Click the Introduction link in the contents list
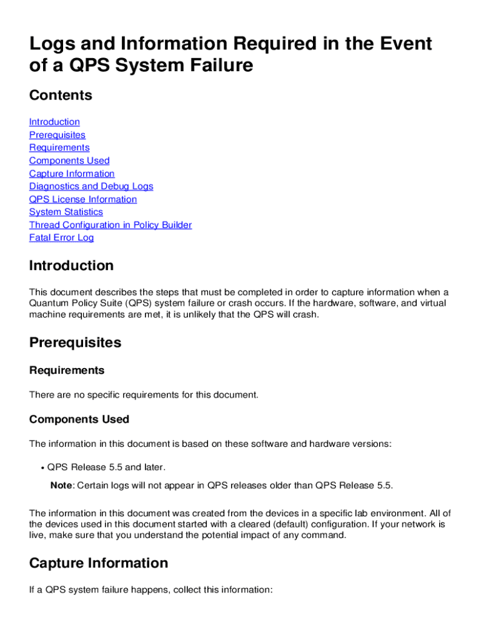54,122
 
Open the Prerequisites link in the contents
57,135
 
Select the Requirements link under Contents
59,147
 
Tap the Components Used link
69,161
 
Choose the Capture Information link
72,174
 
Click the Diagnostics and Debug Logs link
91,186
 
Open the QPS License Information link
83,199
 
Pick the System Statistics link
66,212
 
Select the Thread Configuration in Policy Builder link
111,225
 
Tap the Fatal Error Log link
61,237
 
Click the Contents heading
61,96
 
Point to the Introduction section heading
71,266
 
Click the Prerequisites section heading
75,343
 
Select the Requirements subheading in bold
67,371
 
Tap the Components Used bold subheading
79,419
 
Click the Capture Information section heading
99,564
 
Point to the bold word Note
62,486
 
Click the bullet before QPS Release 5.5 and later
42,467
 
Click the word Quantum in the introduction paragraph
48,303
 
